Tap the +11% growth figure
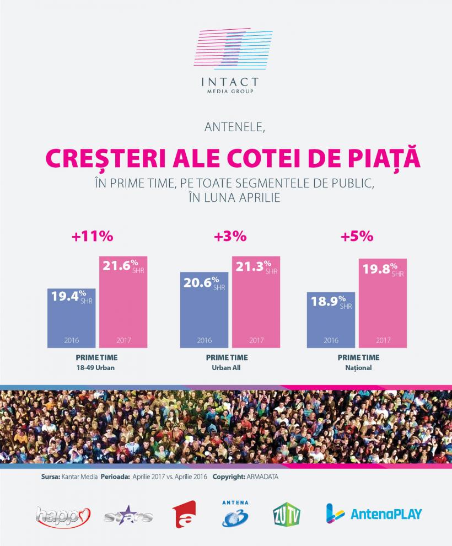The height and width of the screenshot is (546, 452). [x=93, y=237]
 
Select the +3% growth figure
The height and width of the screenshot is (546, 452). [x=230, y=237]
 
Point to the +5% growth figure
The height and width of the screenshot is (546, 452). [x=357, y=237]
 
